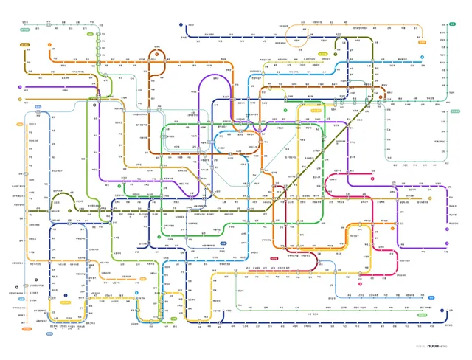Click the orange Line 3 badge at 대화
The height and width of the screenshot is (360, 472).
tap(49, 44)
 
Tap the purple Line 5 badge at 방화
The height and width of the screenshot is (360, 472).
tap(20, 87)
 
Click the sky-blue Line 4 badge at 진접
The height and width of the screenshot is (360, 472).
tap(422, 57)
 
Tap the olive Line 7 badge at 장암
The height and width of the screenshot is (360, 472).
tap(336, 53)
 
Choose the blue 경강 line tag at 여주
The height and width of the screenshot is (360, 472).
tap(432, 296)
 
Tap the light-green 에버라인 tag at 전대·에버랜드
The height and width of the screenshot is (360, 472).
tap(423, 315)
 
